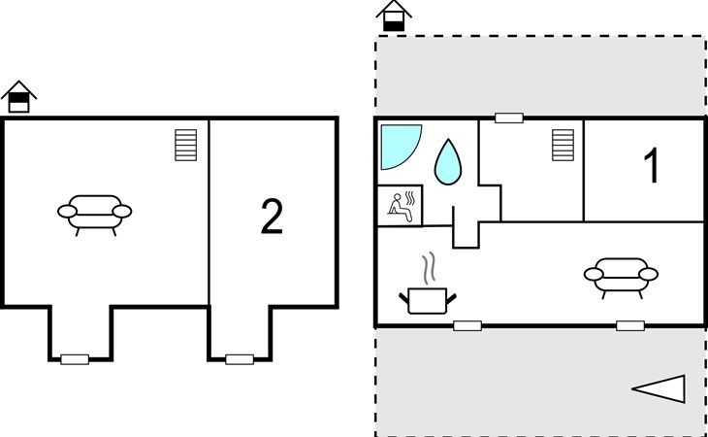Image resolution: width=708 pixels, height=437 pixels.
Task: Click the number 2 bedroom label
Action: [x=272, y=217]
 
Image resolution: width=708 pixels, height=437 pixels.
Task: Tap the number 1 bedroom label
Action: [x=652, y=165]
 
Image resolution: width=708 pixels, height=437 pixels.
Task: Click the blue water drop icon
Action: [x=448, y=162]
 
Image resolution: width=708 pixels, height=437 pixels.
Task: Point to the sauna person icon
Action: [x=400, y=208]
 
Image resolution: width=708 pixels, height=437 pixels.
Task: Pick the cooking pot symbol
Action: [x=427, y=300]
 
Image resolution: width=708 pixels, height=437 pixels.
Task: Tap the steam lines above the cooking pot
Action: [x=429, y=268]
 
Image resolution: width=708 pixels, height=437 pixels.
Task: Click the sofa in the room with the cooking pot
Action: [x=621, y=278]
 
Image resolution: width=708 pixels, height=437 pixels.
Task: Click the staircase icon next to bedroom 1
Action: [x=563, y=145]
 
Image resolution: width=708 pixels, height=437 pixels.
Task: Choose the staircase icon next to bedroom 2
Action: [x=186, y=145]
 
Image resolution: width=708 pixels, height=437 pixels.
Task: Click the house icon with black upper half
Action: [x=19, y=97]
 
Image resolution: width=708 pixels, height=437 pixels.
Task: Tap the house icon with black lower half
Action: [x=394, y=17]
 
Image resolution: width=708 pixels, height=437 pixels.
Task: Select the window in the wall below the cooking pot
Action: [x=467, y=326]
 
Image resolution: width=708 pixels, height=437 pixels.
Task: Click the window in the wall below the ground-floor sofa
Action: [x=630, y=326]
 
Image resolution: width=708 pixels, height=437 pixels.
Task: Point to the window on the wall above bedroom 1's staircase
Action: [x=509, y=118]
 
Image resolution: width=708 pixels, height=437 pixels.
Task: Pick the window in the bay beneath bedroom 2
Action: [x=240, y=359]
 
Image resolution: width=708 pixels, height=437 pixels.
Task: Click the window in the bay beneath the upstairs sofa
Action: [x=75, y=359]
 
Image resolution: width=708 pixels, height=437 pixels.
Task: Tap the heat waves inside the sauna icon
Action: [x=410, y=198]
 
